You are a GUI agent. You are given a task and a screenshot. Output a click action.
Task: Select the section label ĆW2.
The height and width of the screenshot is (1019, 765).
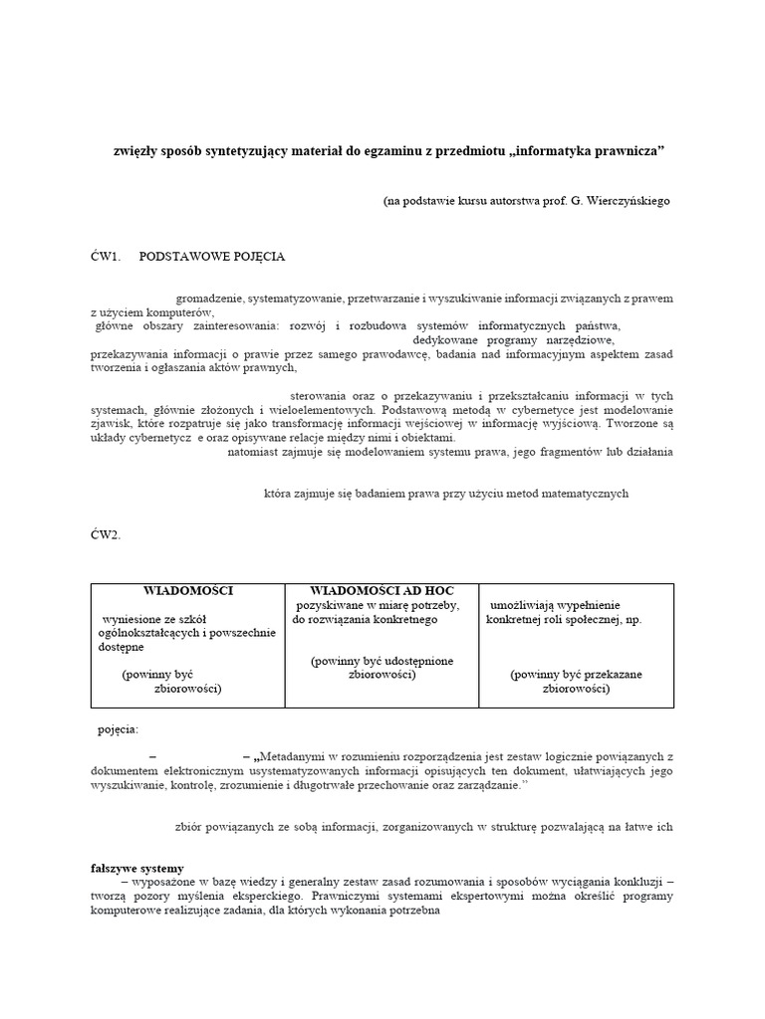tap(105, 535)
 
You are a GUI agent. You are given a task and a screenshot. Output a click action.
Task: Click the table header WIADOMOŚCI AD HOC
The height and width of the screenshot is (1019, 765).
tap(382, 591)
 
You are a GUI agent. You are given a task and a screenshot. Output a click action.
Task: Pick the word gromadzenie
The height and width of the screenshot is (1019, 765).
tap(209, 298)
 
